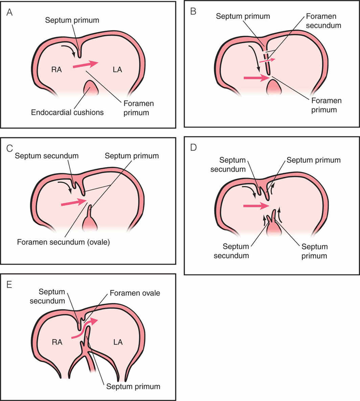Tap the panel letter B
click(x=193, y=12)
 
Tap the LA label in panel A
click(x=117, y=70)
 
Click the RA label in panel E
click(x=57, y=342)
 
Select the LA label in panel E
click(x=118, y=342)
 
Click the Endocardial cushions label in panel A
click(x=67, y=112)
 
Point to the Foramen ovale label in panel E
click(x=135, y=293)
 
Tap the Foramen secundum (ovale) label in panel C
click(x=63, y=242)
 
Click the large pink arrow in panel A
click(x=85, y=65)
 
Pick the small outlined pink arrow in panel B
click(x=267, y=60)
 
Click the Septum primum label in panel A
click(x=72, y=20)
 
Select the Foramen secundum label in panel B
click(x=323, y=21)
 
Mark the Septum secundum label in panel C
click(x=47, y=156)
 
